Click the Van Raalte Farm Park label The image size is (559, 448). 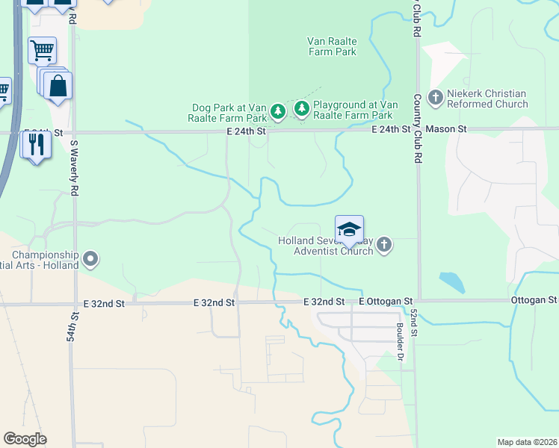tap(332, 46)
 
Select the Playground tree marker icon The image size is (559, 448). tap(302, 110)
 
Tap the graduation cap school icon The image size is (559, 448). tap(349, 229)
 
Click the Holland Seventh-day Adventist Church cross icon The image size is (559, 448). tap(384, 245)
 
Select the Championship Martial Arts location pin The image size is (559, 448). tap(91, 260)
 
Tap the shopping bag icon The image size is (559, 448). tap(58, 86)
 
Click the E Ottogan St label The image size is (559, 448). tap(386, 301)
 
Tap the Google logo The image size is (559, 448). tap(25, 439)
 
